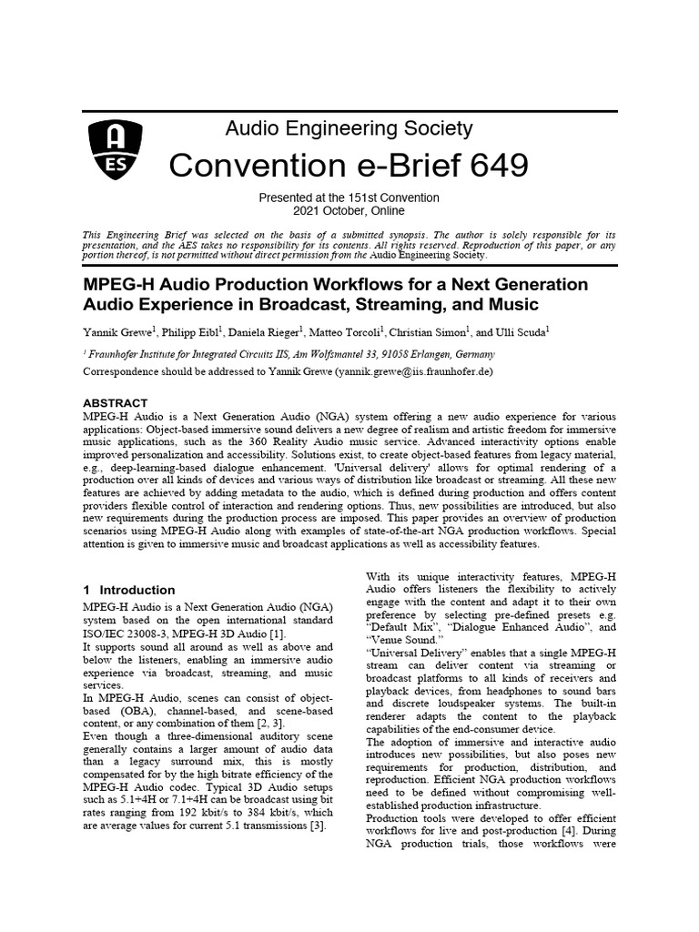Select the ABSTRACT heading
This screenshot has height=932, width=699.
click(115, 401)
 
